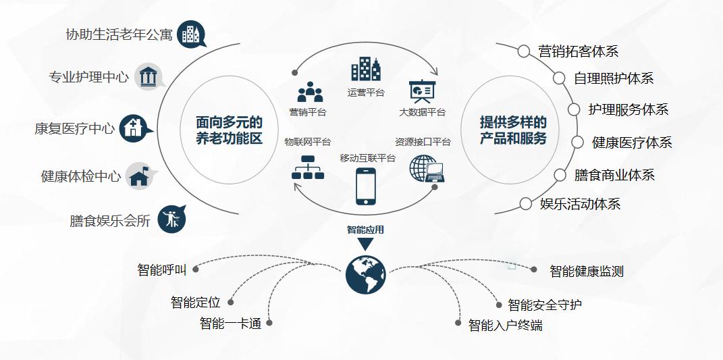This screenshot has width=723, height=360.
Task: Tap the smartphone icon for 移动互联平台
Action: pos(365,186)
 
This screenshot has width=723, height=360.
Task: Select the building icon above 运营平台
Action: pos(365,69)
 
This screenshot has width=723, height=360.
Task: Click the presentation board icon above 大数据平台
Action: pos(423,91)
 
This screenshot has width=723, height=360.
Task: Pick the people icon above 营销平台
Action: pos(310,92)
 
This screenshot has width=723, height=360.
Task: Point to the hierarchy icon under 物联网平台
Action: pos(308,167)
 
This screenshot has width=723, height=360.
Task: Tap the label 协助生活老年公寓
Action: pos(119,34)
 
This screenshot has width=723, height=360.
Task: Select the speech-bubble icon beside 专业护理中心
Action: pos(149,76)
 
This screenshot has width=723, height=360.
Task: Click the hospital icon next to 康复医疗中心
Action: pos(135,128)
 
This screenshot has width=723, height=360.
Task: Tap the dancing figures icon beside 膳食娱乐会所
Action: pos(171,219)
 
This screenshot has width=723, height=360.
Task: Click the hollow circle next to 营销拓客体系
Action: pos(524,51)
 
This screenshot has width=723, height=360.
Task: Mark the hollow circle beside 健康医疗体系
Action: pos(578,142)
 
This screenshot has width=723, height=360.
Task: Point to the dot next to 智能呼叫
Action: pos(196,269)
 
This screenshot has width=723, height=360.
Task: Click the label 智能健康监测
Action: pos(586,272)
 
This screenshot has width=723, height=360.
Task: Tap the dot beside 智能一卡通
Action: pos(269,323)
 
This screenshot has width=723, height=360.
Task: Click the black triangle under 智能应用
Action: pos(365,244)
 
